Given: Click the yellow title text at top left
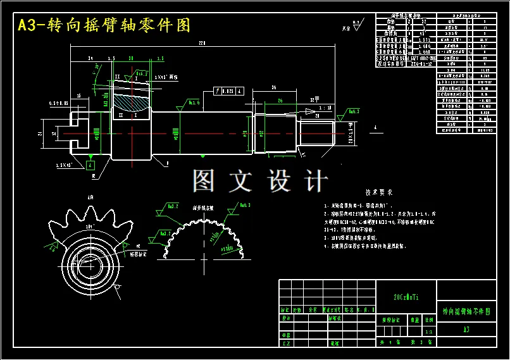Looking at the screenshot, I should (104, 25).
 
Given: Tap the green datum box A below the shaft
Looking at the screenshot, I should (91, 164).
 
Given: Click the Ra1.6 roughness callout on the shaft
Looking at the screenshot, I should (193, 102).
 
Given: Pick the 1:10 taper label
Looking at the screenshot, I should (325, 108).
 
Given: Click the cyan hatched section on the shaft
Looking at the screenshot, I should (133, 99).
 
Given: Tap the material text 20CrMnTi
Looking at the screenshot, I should (406, 297).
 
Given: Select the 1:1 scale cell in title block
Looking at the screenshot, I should (429, 331).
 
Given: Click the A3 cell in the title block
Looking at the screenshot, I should (466, 330).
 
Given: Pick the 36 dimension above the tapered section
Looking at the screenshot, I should (273, 87).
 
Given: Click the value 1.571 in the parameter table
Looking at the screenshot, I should (423, 40).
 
